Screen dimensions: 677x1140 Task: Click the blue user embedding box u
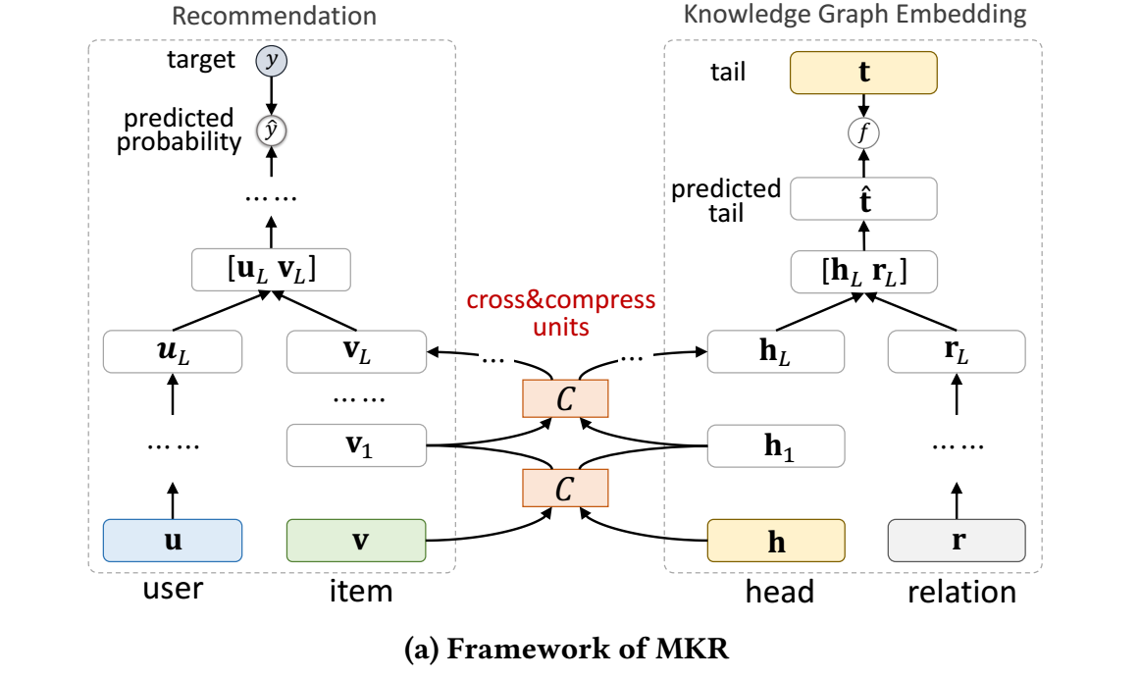click(173, 540)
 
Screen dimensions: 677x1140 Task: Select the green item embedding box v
click(356, 540)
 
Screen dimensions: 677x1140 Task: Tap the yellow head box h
click(776, 541)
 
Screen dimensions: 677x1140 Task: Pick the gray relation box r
click(957, 540)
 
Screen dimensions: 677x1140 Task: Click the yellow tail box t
click(863, 72)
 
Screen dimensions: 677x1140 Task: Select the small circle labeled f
click(863, 132)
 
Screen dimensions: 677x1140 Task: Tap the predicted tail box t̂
click(863, 200)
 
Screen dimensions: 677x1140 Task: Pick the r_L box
click(957, 351)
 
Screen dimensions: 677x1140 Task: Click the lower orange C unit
click(565, 487)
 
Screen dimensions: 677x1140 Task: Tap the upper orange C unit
click(565, 397)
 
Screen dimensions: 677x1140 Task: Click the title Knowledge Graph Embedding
click(855, 15)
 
